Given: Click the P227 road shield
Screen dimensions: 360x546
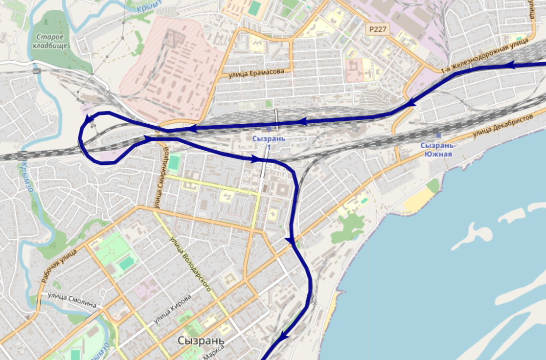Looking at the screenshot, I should (x=378, y=30).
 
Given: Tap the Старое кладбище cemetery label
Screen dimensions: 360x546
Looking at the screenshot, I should (x=50, y=42).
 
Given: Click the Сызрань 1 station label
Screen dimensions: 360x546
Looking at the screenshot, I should (x=269, y=142).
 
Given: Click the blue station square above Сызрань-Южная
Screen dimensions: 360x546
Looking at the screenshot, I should (x=438, y=135).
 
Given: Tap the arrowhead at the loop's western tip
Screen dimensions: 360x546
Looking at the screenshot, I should (x=89, y=119).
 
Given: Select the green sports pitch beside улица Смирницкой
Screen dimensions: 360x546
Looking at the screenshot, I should (x=174, y=163).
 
